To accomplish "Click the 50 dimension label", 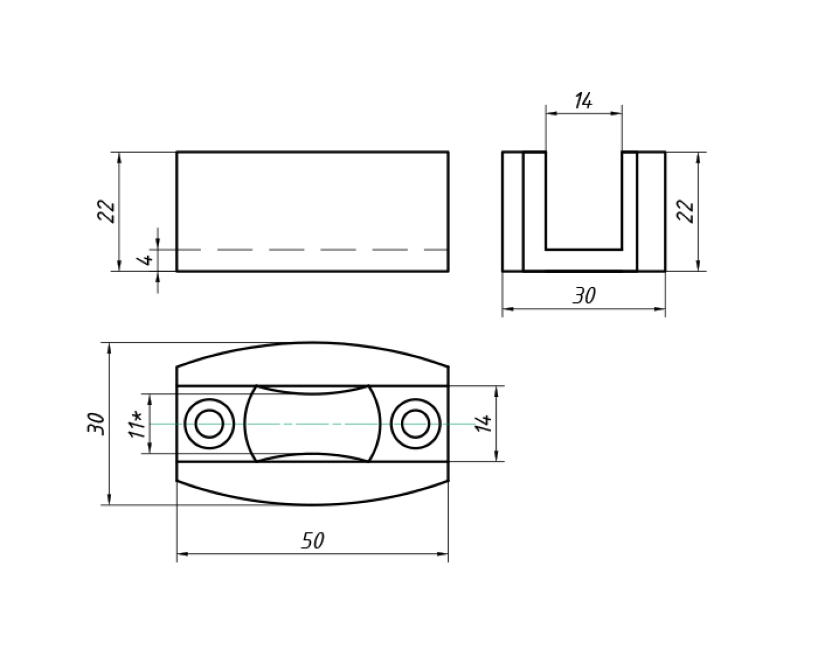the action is click(x=312, y=541).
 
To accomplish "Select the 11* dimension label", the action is click(x=137, y=425).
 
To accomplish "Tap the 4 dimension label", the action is click(x=145, y=260).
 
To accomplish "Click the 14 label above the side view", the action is click(x=584, y=101).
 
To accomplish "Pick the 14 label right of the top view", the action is click(x=484, y=423).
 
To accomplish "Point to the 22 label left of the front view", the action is click(x=106, y=211).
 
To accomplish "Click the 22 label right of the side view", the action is click(x=685, y=211).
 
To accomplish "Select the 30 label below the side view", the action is click(x=584, y=295).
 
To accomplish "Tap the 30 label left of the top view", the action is click(x=96, y=423).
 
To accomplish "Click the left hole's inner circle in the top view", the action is click(x=209, y=409).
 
